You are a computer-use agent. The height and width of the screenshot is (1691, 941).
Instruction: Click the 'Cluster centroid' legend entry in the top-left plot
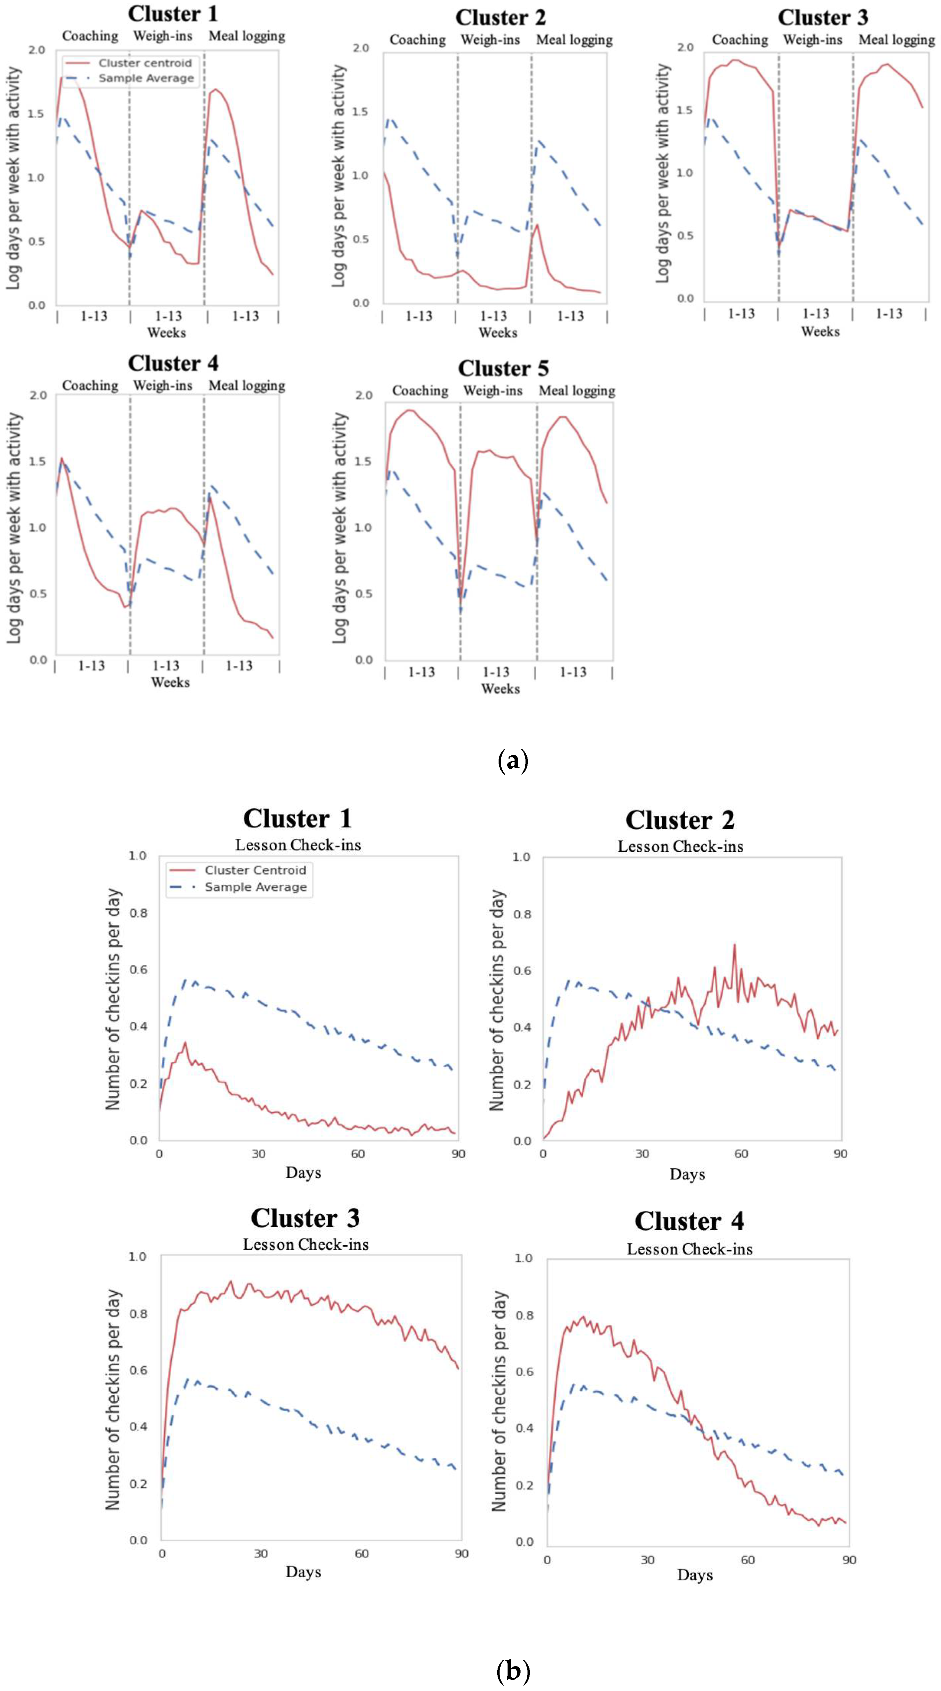(x=144, y=63)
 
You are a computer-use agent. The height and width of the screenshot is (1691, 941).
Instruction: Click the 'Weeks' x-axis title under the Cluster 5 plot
(x=500, y=689)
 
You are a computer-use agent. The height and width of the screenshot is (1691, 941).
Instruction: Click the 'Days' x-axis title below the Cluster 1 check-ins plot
(x=303, y=1172)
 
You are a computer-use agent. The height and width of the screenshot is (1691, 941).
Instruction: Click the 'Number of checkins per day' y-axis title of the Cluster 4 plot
(x=499, y=1402)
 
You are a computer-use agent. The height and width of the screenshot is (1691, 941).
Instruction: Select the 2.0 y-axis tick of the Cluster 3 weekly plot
(x=685, y=47)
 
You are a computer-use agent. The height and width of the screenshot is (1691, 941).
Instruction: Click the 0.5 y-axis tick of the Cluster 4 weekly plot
(x=38, y=593)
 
